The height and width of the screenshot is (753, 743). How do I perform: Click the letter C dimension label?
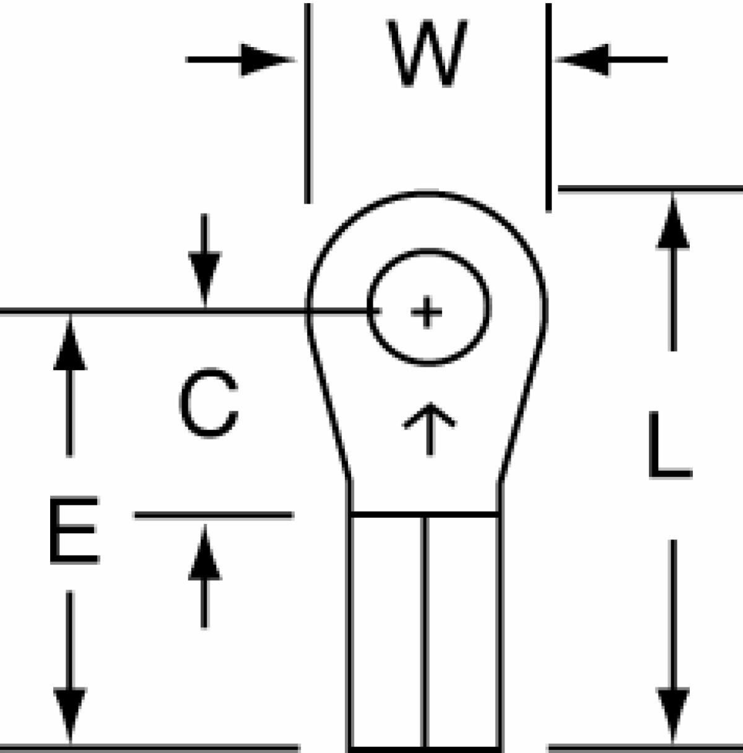tap(209, 403)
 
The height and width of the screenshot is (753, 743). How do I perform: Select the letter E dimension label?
tap(74, 530)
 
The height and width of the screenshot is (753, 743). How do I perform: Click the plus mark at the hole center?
tap(427, 312)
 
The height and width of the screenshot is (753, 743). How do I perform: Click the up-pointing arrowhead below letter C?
tap(205, 552)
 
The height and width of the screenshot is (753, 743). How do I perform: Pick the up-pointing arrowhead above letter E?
tap(70, 342)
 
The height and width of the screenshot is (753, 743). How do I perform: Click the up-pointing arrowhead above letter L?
tap(672, 222)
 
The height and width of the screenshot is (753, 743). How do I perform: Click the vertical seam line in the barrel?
tap(425, 633)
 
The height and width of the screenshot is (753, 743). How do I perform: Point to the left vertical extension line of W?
tap(308, 103)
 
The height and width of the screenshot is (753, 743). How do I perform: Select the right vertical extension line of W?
tap(549, 108)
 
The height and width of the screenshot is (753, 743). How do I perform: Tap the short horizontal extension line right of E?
tap(214, 515)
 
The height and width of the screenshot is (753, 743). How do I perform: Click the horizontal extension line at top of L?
tap(650, 189)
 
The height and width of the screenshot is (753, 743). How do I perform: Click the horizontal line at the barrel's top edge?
tap(425, 514)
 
